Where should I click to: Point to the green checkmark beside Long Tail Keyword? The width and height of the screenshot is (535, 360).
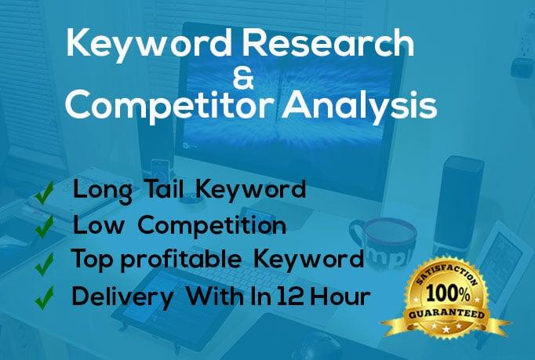tap(45, 191)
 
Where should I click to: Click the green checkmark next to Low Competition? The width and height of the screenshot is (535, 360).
tap(45, 225)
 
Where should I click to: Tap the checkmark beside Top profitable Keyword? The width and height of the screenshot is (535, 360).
tap(45, 260)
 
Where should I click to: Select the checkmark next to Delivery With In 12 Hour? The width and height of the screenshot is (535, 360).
tap(45, 296)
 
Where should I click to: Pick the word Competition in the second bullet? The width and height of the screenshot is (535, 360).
tap(213, 225)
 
